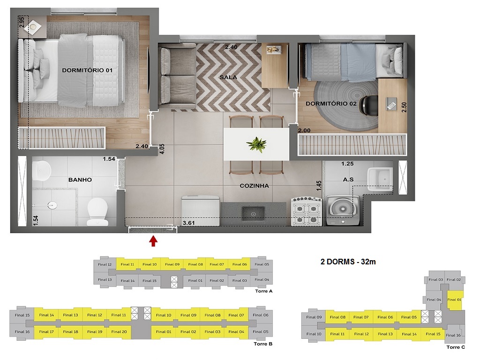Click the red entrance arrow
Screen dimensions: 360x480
point(153,241)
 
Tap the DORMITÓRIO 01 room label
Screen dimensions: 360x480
point(87,70)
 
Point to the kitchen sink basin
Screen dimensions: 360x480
point(253,214)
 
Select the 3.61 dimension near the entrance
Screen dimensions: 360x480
point(188,223)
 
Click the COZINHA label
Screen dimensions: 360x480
point(254,186)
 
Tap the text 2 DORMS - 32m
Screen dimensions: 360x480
point(347,262)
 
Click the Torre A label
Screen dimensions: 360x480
point(263,291)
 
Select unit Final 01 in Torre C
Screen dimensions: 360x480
point(454,300)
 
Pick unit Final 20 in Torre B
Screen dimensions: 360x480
point(119,332)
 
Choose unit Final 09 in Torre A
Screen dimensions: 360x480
point(171,264)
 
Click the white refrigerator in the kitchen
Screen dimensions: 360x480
point(201,209)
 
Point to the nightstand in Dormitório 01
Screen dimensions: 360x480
point(33,28)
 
